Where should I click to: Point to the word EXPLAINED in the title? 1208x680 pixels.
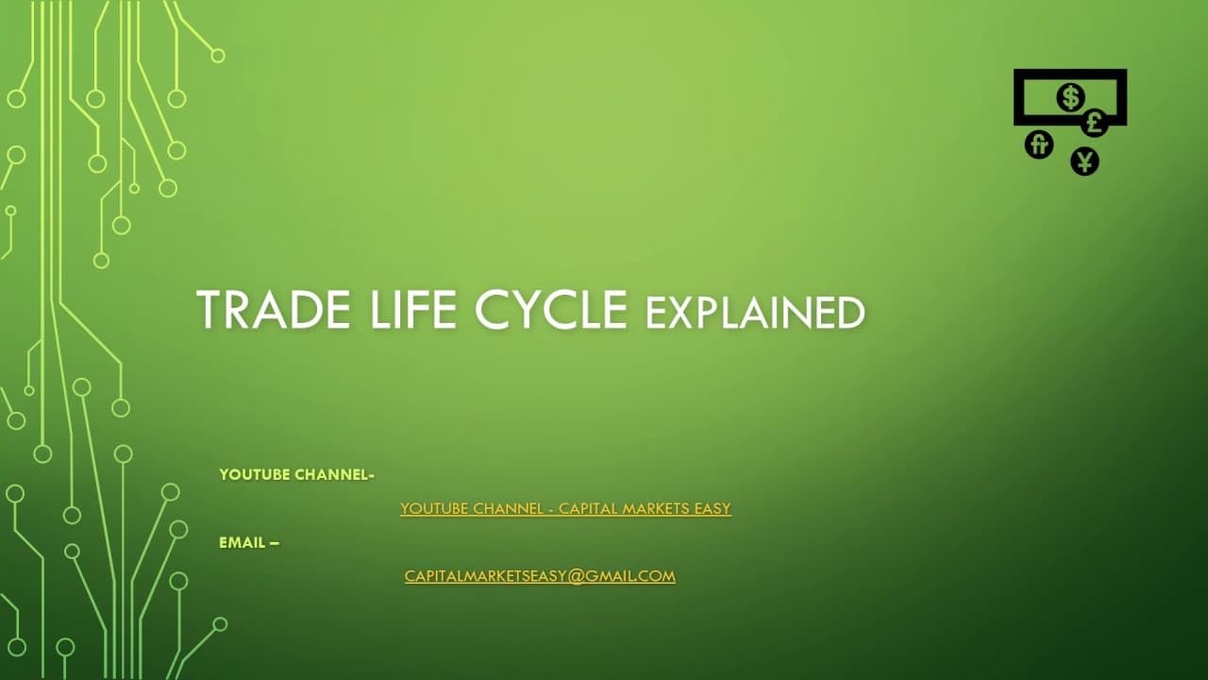(755, 313)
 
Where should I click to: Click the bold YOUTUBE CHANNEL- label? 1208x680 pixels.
(296, 475)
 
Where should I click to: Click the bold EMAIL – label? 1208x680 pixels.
(249, 542)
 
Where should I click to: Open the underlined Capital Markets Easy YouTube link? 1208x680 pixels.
(565, 508)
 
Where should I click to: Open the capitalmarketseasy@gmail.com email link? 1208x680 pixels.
(540, 576)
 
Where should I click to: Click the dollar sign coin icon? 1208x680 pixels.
(1070, 97)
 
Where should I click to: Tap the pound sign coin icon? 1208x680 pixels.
(1094, 123)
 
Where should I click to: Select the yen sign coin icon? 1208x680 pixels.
(1085, 161)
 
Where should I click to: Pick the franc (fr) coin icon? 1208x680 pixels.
(1039, 144)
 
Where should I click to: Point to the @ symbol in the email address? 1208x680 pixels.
(575, 576)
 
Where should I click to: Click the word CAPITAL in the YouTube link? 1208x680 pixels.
(588, 508)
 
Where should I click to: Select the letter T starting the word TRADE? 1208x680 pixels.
(209, 310)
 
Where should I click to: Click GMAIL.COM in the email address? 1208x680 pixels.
(630, 576)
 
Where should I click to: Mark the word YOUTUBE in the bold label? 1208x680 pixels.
(255, 475)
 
